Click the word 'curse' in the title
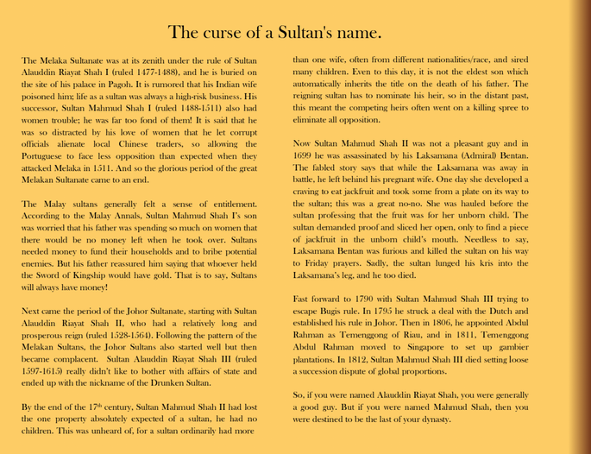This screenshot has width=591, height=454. click(226, 34)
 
